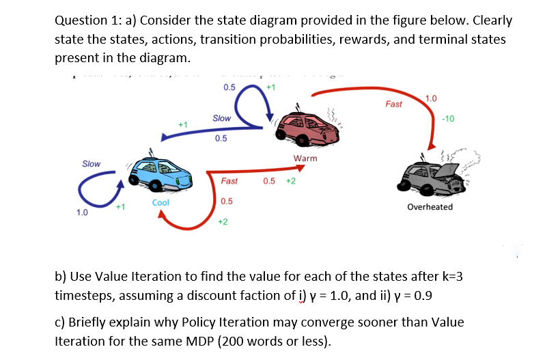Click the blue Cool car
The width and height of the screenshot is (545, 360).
[x=158, y=174]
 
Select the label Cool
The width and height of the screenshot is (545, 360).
[x=161, y=203]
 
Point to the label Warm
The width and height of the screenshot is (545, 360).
[x=305, y=158]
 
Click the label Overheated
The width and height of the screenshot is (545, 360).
[x=430, y=206]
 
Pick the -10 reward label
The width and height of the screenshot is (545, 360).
[x=449, y=118]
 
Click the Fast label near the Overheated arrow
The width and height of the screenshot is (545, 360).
[x=394, y=105]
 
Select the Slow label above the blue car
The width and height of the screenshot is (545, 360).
[x=91, y=164]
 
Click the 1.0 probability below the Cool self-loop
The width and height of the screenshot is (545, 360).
[x=82, y=212]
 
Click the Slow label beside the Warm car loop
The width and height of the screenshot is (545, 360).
[x=221, y=118]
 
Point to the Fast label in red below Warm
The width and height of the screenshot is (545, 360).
[x=229, y=181]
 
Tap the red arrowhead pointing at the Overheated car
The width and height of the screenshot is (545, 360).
[x=432, y=146]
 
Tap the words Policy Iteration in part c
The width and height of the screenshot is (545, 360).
[x=211, y=322]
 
